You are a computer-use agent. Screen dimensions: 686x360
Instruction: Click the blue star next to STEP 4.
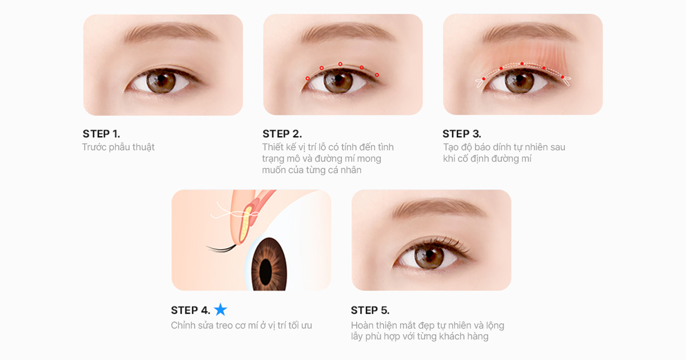pos(220,310)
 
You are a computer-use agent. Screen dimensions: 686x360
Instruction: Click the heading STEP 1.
pos(101,134)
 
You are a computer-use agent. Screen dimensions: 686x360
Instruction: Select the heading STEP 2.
pos(282,134)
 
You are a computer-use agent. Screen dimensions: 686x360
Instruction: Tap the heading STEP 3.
pos(462,134)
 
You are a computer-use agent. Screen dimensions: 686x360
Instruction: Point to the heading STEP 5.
pos(370,310)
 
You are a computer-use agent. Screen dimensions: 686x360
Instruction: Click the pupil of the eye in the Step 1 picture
pos(161,79)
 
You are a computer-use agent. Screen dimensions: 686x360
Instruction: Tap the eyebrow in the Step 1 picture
pos(170,32)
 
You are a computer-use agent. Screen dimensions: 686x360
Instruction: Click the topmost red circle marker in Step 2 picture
pos(340,64)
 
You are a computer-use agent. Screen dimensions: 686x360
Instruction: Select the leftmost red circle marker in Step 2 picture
pos(308,79)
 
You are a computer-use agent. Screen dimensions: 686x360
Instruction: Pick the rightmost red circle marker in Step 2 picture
pos(377,75)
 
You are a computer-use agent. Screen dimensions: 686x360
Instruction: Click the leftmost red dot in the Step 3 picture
pos(484,79)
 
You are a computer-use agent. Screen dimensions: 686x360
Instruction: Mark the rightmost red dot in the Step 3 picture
pos(563,77)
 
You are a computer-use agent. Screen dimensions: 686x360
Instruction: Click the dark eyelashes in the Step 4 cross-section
pos(221,248)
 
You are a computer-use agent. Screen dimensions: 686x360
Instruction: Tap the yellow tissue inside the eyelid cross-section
pos(245,223)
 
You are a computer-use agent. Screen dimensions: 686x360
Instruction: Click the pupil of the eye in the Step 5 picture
pos(429,254)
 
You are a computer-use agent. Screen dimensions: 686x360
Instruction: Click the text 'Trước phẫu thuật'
pos(118,147)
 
